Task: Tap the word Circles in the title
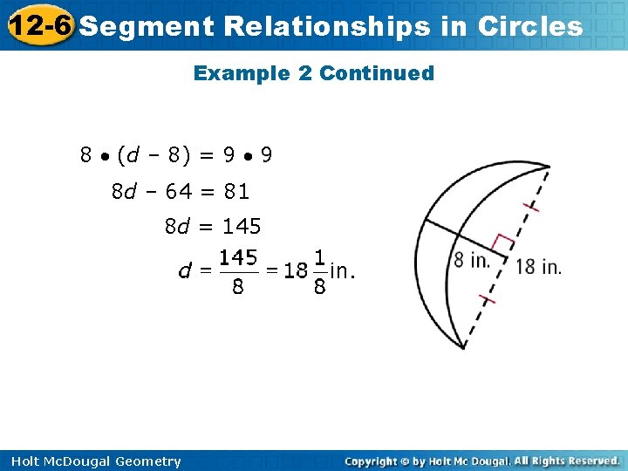coord(530,26)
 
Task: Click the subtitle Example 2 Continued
coord(313,73)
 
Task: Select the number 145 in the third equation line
coord(242,227)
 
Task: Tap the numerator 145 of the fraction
coord(237,257)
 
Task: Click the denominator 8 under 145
coord(237,287)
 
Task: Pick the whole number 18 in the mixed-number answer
coord(296,270)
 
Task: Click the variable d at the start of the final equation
coord(184,271)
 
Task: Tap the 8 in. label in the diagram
coord(472,259)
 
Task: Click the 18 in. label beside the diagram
coord(538,266)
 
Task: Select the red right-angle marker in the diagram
coord(504,244)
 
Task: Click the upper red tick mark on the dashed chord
coord(530,207)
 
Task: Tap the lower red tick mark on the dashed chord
coord(487,300)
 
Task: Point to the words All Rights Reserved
coord(566,461)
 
